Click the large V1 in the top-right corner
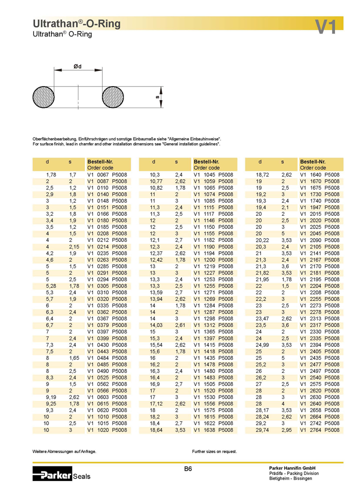[x=326, y=26]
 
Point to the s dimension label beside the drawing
[x=157, y=97]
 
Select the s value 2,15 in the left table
[x=73, y=247]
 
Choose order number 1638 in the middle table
[x=209, y=430]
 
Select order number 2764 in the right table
[x=315, y=430]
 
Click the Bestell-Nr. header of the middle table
[x=206, y=162]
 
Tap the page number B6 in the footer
[x=188, y=469]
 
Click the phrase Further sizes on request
[x=214, y=451]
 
